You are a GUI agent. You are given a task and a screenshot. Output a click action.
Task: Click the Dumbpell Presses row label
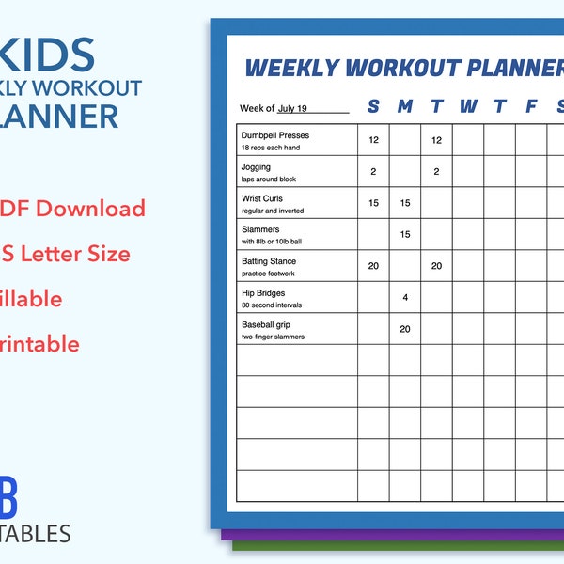274,135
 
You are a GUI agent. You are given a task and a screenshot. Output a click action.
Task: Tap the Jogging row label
256,167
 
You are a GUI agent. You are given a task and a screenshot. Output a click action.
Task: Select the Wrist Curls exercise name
262,198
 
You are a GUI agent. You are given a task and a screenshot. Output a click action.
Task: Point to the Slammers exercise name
260,229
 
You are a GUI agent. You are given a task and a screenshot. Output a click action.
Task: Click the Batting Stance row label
268,261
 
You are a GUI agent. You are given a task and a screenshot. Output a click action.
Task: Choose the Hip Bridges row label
263,293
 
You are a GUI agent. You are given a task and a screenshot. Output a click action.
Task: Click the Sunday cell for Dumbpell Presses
373,140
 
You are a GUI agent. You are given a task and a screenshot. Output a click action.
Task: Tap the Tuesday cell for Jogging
436,172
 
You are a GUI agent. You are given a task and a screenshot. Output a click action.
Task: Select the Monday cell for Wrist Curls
405,203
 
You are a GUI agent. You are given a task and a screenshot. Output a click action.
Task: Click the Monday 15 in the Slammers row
405,235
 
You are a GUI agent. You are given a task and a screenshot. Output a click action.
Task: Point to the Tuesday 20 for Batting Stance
436,266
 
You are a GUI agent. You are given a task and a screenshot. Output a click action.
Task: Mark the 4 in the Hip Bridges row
405,298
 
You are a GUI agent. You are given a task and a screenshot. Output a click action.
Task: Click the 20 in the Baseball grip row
405,329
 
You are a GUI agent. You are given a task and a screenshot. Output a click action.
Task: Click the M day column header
405,106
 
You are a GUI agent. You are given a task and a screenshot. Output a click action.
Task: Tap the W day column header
468,106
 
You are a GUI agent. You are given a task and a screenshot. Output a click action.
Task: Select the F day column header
531,106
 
